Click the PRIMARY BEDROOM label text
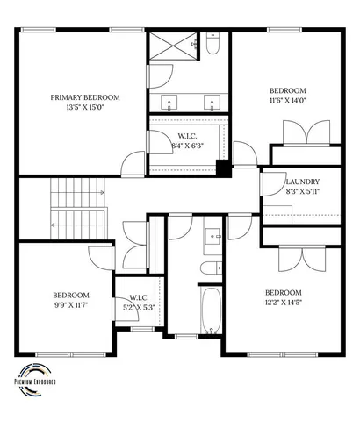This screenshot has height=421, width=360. pyautogui.click(x=85, y=97)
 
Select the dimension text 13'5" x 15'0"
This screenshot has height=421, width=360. pyautogui.click(x=85, y=108)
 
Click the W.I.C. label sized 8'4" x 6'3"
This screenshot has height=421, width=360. pyautogui.click(x=187, y=135)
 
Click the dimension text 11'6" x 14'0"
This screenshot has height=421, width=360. pyautogui.click(x=287, y=101)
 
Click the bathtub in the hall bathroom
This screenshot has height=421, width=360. pyautogui.click(x=212, y=311)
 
